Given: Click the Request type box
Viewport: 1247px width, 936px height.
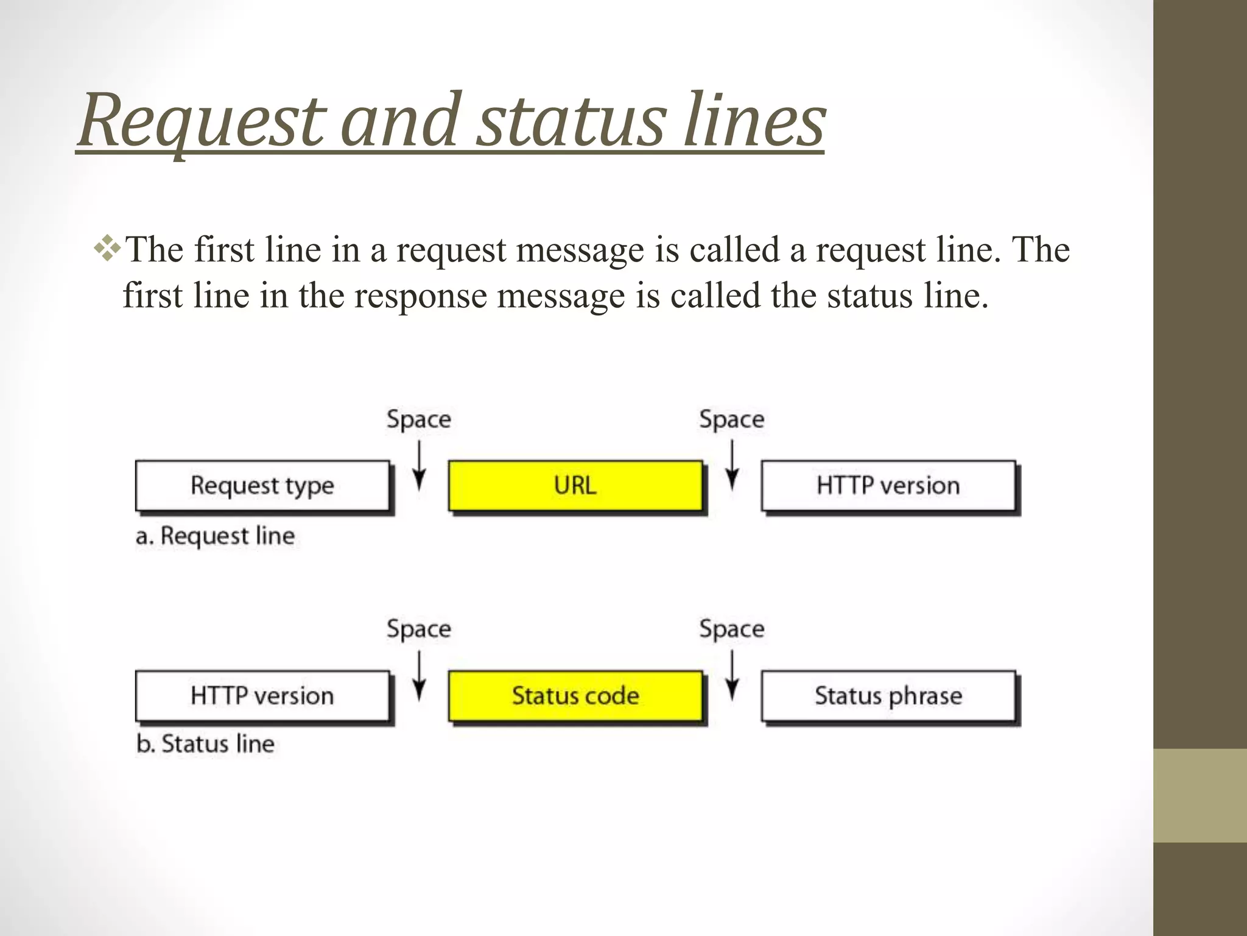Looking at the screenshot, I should pyautogui.click(x=262, y=486).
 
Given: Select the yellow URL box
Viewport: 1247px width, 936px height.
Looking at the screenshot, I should pyautogui.click(x=575, y=486).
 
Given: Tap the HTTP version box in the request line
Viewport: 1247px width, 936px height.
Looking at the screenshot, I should pyautogui.click(x=888, y=486).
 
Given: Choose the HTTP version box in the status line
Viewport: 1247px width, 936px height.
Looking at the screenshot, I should pyautogui.click(x=262, y=696).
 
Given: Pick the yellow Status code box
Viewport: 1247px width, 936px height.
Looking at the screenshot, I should pyautogui.click(x=575, y=696).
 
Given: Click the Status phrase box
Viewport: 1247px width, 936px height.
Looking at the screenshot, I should pyautogui.click(x=888, y=696).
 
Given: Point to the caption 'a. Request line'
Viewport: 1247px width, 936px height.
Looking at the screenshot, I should pyautogui.click(x=216, y=536).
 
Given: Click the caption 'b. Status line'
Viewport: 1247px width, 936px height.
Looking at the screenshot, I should pyautogui.click(x=206, y=744).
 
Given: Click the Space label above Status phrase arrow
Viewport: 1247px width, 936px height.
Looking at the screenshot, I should pyautogui.click(x=731, y=629).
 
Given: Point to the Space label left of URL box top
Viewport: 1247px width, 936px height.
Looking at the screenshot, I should pyautogui.click(x=419, y=419).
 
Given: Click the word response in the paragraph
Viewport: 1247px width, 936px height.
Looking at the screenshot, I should pyautogui.click(x=420, y=296).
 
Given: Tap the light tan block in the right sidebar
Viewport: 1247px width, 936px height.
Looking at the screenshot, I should pyautogui.click(x=1200, y=795).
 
